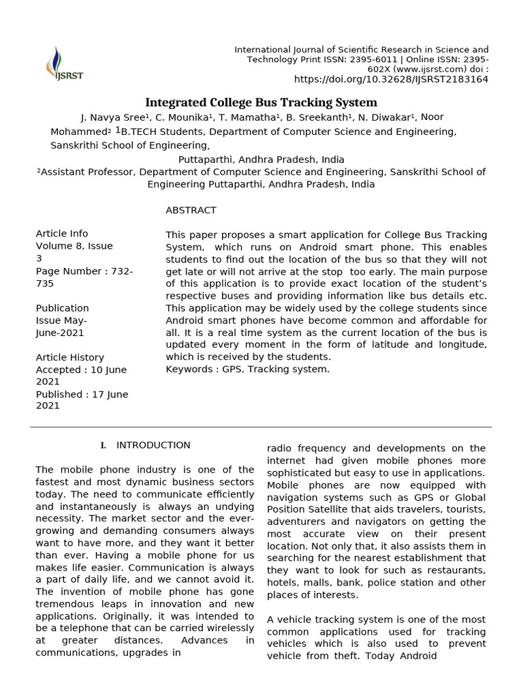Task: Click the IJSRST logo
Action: (64, 63)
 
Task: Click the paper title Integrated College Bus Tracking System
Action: (261, 102)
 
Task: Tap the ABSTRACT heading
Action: (191, 210)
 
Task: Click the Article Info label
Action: (61, 234)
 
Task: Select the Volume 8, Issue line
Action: (74, 246)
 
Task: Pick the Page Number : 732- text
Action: (84, 271)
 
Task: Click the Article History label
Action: (69, 357)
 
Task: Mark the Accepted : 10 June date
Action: (82, 369)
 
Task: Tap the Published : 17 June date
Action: (82, 394)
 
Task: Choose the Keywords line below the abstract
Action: (247, 369)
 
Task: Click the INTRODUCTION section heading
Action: (153, 445)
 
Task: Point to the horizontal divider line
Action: (261, 427)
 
